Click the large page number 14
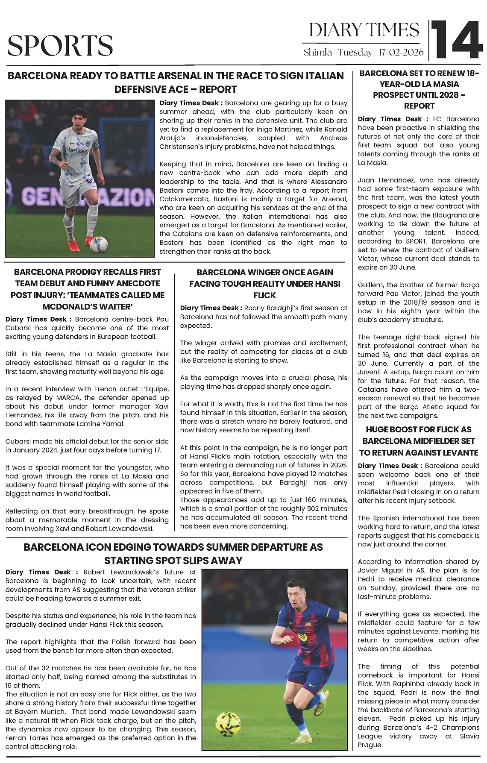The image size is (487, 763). click(x=456, y=40)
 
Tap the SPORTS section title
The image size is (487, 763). click(x=60, y=46)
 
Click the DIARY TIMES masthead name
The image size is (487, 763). click(x=364, y=30)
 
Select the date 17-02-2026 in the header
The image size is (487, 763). click(x=401, y=53)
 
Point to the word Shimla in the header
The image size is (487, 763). click(x=317, y=53)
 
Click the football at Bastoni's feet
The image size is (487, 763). click(x=99, y=244)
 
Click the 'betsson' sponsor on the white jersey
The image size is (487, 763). click(x=79, y=150)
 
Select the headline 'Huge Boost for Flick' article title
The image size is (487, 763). click(x=418, y=441)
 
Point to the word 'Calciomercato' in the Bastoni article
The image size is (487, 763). click(x=180, y=199)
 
